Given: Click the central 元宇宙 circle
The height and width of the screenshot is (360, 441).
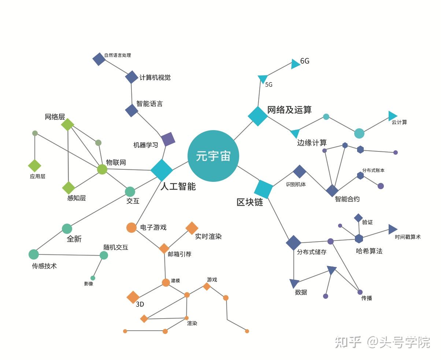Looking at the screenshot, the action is pyautogui.click(x=213, y=156).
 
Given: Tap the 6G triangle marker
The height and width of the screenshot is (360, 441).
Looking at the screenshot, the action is pyautogui.click(x=295, y=64).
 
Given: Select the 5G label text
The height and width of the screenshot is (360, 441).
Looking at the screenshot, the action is pyautogui.click(x=269, y=85).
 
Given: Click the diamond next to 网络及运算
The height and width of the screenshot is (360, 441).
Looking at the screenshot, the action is pyautogui.click(x=258, y=116).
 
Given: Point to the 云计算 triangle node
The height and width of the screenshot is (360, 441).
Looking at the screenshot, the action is pyautogui.click(x=392, y=116).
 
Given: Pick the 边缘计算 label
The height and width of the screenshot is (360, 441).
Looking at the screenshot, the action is pyautogui.click(x=312, y=143).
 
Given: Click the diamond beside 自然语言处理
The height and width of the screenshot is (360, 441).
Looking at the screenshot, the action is pyautogui.click(x=99, y=59).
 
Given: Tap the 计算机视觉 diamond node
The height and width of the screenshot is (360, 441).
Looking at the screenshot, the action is pyautogui.click(x=131, y=77).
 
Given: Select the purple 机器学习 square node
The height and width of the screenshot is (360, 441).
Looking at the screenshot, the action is pyautogui.click(x=168, y=139).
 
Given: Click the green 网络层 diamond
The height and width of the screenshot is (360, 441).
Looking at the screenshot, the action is pyautogui.click(x=68, y=124).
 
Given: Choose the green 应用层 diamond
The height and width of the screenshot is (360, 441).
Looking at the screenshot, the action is pyautogui.click(x=35, y=166).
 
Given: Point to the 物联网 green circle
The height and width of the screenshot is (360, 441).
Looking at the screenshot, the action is pyautogui.click(x=102, y=169).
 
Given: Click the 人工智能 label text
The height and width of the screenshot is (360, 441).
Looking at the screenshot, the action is pyautogui.click(x=178, y=186).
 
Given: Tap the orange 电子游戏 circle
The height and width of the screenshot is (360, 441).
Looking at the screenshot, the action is pyautogui.click(x=131, y=228).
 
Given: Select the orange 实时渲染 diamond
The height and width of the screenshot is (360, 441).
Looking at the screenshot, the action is pyautogui.click(x=192, y=228).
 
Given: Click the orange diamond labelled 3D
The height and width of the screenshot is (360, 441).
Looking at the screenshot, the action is pyautogui.click(x=133, y=297).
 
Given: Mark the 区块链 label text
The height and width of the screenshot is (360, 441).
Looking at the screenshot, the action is pyautogui.click(x=250, y=202).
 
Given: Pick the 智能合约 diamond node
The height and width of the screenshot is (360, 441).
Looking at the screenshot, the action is pyautogui.click(x=332, y=191).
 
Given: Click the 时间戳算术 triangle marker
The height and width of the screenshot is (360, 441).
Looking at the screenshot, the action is pyautogui.click(x=392, y=229).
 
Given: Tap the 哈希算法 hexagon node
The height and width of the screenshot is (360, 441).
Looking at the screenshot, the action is pyautogui.click(x=359, y=239).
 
